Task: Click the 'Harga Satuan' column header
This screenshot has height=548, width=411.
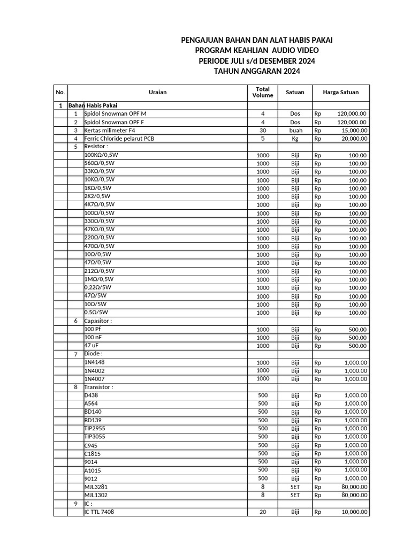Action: click(340, 92)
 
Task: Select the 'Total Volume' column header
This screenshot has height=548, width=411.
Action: click(262, 92)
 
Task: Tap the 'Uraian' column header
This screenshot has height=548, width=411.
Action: click(157, 92)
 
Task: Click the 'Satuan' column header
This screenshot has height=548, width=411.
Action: click(295, 92)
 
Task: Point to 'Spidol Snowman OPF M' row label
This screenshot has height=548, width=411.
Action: click(115, 114)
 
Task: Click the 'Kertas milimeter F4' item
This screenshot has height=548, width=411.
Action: click(110, 130)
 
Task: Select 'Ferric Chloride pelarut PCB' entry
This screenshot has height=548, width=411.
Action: click(118, 138)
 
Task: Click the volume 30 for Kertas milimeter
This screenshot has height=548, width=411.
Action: click(262, 130)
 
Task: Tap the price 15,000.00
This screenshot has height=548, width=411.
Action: click(352, 130)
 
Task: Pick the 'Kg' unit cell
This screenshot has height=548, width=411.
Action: click(295, 139)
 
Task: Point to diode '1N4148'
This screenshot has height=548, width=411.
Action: click(94, 362)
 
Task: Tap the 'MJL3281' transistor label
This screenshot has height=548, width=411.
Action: click(96, 487)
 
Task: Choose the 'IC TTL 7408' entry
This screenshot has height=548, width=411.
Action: click(99, 512)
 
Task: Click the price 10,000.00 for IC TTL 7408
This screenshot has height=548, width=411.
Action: click(352, 512)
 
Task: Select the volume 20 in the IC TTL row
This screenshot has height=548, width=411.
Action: click(262, 512)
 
